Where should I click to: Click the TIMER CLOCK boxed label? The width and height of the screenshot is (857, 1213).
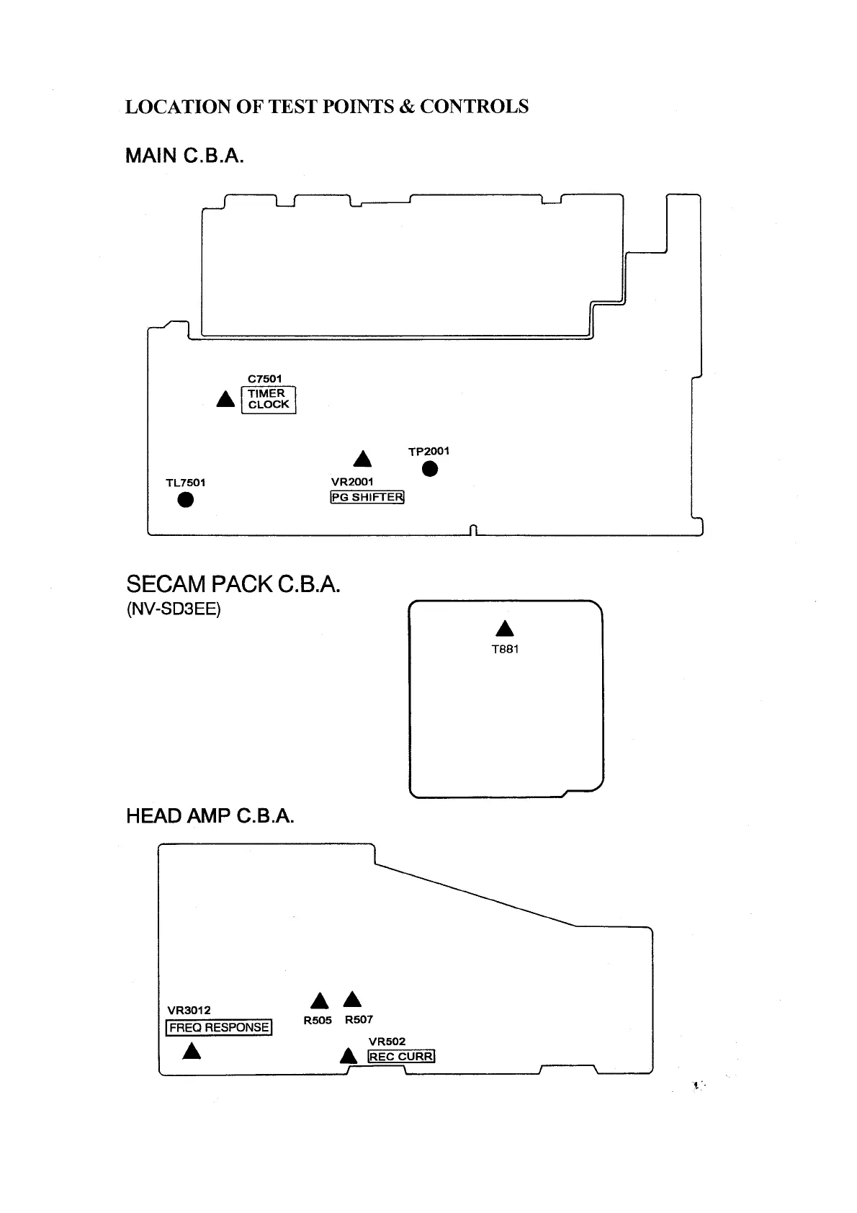(269, 399)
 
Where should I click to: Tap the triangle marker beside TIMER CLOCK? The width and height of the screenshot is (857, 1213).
(225, 399)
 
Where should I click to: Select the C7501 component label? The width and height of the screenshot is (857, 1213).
(264, 379)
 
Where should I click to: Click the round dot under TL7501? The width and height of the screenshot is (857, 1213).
(186, 500)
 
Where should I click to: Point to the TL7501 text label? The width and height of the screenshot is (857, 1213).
(186, 483)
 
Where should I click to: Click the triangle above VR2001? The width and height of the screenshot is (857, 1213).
(362, 460)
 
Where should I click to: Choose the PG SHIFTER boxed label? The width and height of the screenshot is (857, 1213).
(367, 497)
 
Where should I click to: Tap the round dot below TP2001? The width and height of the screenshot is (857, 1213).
(429, 470)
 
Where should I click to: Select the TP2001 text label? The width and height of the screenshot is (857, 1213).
(428, 452)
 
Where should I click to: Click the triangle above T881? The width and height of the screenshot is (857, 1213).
(505, 628)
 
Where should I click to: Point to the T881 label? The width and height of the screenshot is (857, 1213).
(505, 649)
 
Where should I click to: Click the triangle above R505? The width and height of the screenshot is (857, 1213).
(320, 1001)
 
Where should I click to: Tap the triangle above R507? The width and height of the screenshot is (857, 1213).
(352, 1000)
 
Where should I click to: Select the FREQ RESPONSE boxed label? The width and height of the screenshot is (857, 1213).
(219, 1028)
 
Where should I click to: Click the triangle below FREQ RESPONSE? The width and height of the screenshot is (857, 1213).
(192, 1051)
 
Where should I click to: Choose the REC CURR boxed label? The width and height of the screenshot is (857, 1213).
(401, 1057)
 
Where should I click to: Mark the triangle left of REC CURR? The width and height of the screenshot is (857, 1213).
(349, 1057)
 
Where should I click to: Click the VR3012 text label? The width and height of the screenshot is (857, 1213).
(189, 1011)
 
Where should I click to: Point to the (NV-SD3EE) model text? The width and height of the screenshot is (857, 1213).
(173, 609)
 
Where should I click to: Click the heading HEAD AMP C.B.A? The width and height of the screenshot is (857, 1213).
(210, 816)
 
